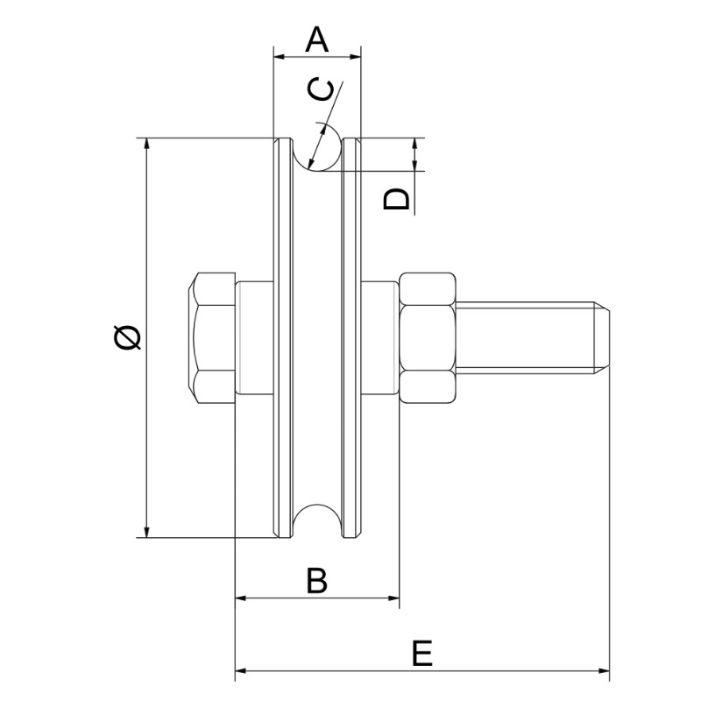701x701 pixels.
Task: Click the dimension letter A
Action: pyautogui.click(x=316, y=39)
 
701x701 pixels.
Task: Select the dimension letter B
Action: pyautogui.click(x=316, y=580)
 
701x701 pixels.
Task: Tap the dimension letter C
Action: pyautogui.click(x=322, y=90)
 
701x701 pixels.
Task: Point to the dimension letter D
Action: pyautogui.click(x=397, y=199)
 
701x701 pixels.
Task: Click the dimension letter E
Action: pyautogui.click(x=422, y=655)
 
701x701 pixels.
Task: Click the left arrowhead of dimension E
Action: pyautogui.click(x=241, y=673)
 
